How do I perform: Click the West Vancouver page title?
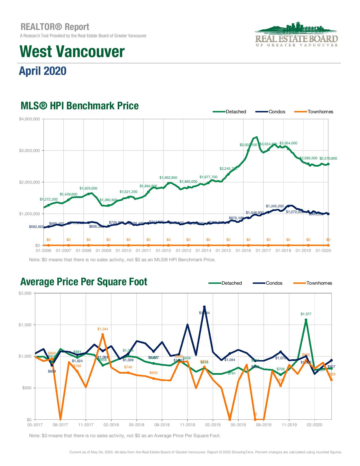[72, 52]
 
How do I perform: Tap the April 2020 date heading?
[42, 71]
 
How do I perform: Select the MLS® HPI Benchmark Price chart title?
[80, 106]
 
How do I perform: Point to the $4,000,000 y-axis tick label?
[29, 119]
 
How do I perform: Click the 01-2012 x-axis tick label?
[163, 251]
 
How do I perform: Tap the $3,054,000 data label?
[288, 143]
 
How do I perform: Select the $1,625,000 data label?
[88, 188]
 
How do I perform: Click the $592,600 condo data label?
[36, 227]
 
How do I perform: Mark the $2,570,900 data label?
[328, 158]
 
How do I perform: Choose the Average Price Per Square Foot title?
[84, 282]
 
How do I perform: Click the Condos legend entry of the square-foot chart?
[274, 283]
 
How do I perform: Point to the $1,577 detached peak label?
[306, 314]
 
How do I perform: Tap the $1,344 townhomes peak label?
[102, 329]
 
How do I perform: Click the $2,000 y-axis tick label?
[25, 293]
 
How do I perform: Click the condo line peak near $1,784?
[204, 307]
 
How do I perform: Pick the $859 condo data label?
[52, 371]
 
